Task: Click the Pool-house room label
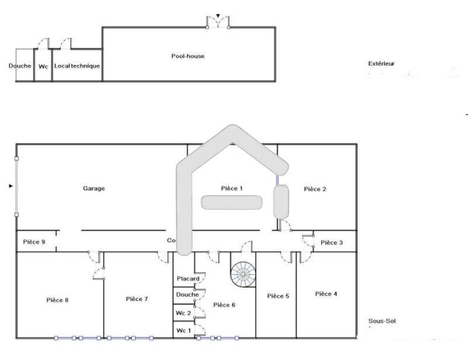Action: point(188,56)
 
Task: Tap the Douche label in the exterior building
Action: point(20,66)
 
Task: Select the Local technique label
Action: point(77,66)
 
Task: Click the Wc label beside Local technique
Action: point(43,66)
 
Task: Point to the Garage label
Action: point(94,188)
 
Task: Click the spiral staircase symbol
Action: point(243,274)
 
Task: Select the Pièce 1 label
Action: point(232,188)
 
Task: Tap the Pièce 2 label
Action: point(315,189)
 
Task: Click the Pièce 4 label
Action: point(326,293)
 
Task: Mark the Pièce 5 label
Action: point(278,296)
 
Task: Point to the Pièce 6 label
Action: point(224,304)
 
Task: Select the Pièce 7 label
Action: point(137,299)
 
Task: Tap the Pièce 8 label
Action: point(58,300)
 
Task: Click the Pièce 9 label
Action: point(34,241)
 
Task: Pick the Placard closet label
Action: point(188,279)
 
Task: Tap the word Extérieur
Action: point(381,63)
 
